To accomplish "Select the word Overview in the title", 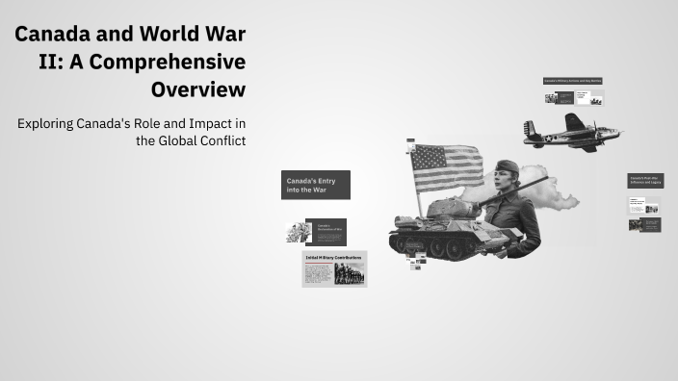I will click(x=197, y=89).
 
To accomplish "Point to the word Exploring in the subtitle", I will click(x=49, y=123).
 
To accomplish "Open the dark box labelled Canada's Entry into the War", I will click(x=316, y=185).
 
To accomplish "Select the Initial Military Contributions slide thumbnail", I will click(x=333, y=269).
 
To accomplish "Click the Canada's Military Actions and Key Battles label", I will click(x=573, y=81).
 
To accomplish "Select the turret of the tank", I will click(x=453, y=207).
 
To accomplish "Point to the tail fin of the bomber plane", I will click(x=530, y=129).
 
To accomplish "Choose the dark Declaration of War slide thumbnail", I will click(x=326, y=232).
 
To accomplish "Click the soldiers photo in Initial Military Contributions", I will click(x=350, y=273).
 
